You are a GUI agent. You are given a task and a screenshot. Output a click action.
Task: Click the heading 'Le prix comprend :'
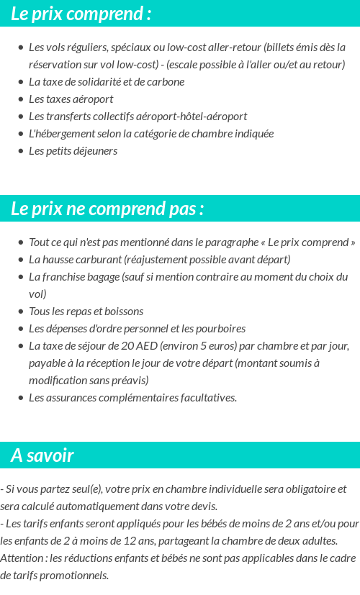point(81,14)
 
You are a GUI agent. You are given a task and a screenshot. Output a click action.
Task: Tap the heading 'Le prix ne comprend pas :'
point(107,209)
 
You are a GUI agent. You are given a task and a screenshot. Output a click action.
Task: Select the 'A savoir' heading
point(42,455)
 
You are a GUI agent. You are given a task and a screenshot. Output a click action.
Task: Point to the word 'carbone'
point(166,82)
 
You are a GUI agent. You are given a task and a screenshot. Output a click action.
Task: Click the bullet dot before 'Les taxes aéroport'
point(21,99)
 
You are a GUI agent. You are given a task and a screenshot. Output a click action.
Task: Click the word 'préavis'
point(130,381)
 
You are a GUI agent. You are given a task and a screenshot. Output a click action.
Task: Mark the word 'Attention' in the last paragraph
point(22,558)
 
